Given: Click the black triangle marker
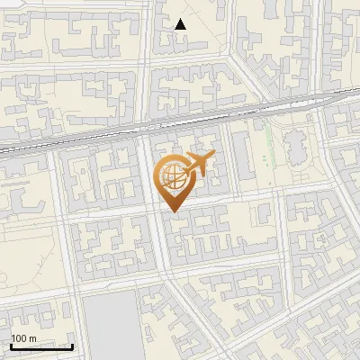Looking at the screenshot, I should (x=181, y=24).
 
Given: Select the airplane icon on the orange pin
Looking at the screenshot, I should (x=199, y=164).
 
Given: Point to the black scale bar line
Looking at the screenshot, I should (x=41, y=346).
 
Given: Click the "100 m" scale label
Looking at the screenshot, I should (x=24, y=338).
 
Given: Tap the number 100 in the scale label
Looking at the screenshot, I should (x=20, y=338).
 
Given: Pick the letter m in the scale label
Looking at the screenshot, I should (x=32, y=339).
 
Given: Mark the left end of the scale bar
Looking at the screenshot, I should (x=11, y=346).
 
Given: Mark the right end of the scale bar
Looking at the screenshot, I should (x=72, y=346).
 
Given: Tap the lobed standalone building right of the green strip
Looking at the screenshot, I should (x=294, y=148).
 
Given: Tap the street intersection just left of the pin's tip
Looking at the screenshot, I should (x=155, y=214).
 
